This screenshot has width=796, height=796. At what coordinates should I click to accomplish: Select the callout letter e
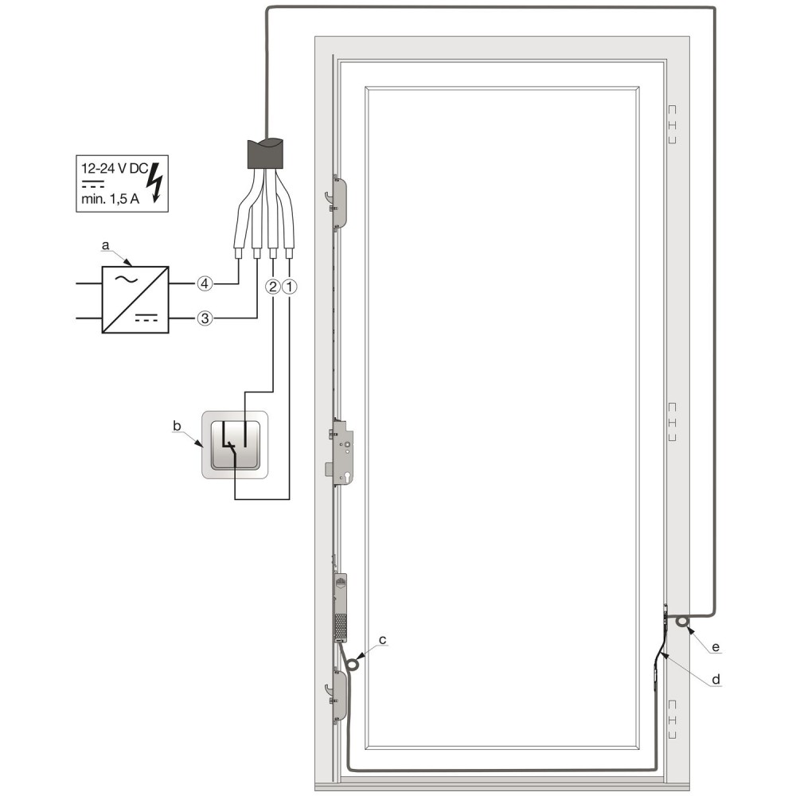coord(716,648)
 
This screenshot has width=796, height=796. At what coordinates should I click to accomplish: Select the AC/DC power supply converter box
coord(134,300)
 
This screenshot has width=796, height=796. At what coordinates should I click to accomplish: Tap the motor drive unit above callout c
coord(341,607)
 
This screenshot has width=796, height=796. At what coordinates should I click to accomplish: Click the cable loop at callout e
coord(683,622)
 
